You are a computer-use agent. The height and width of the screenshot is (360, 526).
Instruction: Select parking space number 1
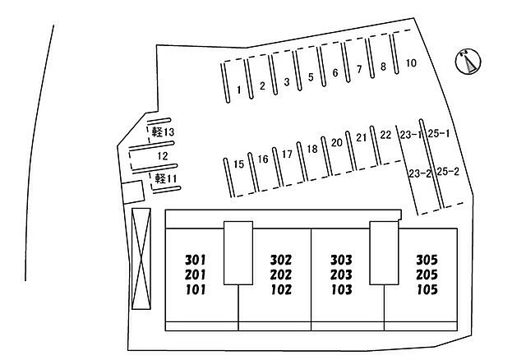pos(238,89)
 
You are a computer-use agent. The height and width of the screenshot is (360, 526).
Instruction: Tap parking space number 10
pos(411,63)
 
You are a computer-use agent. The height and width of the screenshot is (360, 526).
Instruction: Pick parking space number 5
pos(311,78)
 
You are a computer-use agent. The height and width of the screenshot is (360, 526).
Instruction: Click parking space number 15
pos(239,164)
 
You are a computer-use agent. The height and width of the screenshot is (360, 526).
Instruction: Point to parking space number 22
pos(385,134)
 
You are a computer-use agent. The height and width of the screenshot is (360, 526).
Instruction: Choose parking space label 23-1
pos(410,134)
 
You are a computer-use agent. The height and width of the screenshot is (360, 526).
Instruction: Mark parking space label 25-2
pos(446,172)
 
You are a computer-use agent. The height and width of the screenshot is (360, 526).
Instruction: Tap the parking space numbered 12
pos(163,155)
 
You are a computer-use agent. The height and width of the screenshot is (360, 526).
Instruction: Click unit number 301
pos(195,259)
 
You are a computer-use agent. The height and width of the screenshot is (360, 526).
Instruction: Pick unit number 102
pos(281,289)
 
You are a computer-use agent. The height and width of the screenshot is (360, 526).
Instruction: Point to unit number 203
pos(341,275)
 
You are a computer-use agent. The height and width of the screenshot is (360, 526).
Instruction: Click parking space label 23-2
pos(420,173)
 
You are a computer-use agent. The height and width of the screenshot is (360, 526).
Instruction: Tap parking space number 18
pos(312,149)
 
